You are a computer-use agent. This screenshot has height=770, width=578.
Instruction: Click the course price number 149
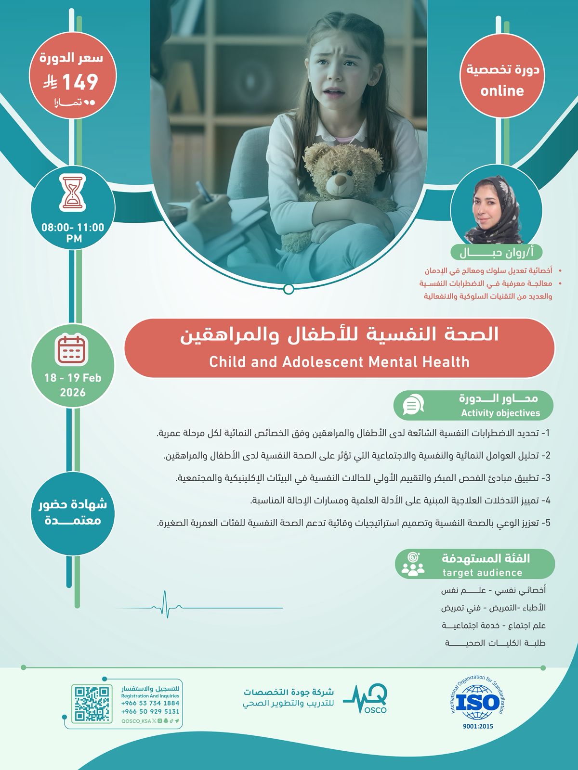pos(80,82)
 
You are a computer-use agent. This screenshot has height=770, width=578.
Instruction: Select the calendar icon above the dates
pos(72,349)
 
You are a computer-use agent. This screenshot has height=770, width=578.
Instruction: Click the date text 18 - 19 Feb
pos(73,378)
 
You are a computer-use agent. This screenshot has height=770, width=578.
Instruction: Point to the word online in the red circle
pos(502,91)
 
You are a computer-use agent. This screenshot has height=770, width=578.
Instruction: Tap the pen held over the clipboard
pos(204,192)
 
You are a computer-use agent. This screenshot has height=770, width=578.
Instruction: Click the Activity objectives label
pos(500,413)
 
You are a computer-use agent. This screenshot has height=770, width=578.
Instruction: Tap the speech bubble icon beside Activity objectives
pos(413,405)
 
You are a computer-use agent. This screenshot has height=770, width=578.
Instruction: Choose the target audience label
pos(482,573)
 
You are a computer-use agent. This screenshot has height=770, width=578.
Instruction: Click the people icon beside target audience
pos(413,565)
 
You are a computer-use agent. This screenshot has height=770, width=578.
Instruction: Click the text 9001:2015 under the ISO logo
pos(478,726)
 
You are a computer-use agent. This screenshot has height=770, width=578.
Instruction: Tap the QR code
pos(92,704)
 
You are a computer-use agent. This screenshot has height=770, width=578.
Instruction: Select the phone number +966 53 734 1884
pos(150,703)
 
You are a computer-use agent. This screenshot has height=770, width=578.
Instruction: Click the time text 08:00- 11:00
pos(73,227)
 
